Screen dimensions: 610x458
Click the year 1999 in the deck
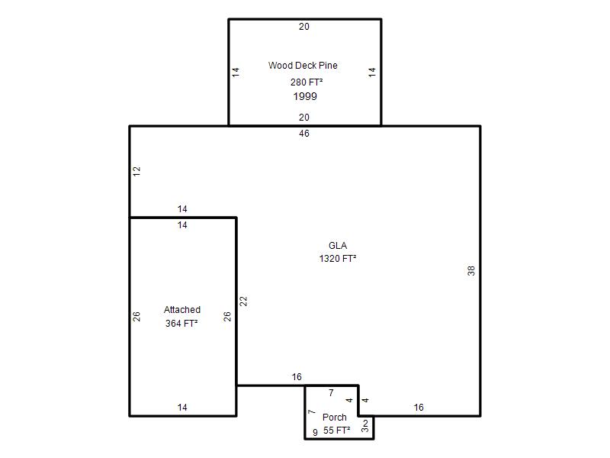tap(305, 96)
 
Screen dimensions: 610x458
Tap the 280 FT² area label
tap(307, 82)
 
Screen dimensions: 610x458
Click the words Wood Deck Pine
tap(303, 66)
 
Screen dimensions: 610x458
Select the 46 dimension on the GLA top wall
tap(304, 134)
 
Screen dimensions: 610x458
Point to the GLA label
tap(338, 246)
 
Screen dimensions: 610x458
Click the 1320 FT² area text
tap(338, 259)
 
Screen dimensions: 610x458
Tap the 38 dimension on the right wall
tap(471, 271)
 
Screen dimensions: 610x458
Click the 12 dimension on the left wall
tap(136, 171)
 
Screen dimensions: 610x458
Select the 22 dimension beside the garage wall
tap(243, 302)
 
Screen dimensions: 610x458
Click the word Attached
tap(182, 310)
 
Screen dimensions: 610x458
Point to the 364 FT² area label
tap(181, 323)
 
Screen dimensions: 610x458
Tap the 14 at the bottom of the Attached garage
tap(182, 408)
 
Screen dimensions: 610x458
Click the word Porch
tap(335, 418)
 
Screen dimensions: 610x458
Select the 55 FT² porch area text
tap(337, 431)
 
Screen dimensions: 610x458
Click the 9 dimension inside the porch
tap(315, 432)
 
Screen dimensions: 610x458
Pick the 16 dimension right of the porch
tap(419, 408)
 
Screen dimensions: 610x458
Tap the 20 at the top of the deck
tap(304, 27)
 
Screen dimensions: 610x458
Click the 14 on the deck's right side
tap(372, 73)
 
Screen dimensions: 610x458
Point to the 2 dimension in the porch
tap(365, 423)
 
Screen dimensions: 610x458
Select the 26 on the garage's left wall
tap(136, 317)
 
